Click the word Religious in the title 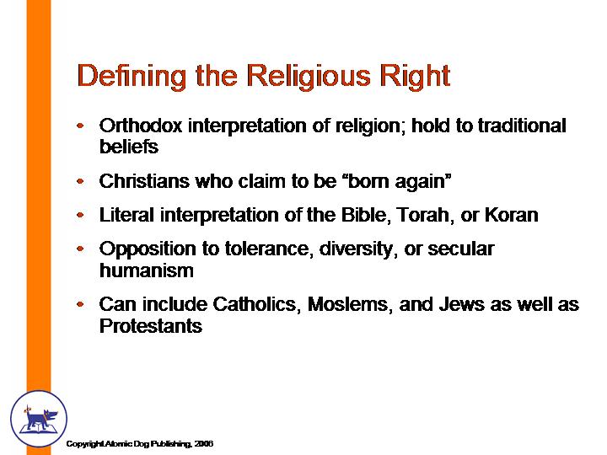click(x=309, y=77)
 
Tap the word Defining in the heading click(x=132, y=77)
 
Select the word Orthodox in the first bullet click(x=141, y=126)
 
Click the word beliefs click(x=129, y=147)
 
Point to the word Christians click(x=144, y=181)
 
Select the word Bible click(x=364, y=215)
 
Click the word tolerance click(x=270, y=249)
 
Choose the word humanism click(x=147, y=270)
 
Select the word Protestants click(x=151, y=326)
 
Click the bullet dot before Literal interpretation click(x=80, y=215)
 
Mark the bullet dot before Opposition click(x=80, y=249)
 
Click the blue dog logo click(x=39, y=418)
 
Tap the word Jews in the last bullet click(x=461, y=304)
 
